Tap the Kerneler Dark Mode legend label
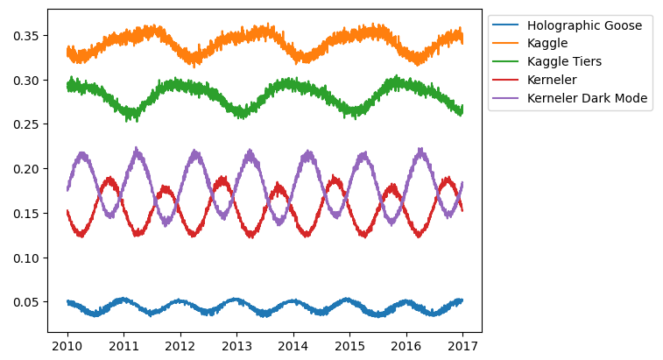tap(588, 98)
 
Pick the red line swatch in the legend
tap(506, 80)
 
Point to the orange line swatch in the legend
tap(506, 43)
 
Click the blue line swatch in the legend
tap(506, 25)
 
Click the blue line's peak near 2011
tap(123, 300)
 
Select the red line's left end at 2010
tap(67, 210)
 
